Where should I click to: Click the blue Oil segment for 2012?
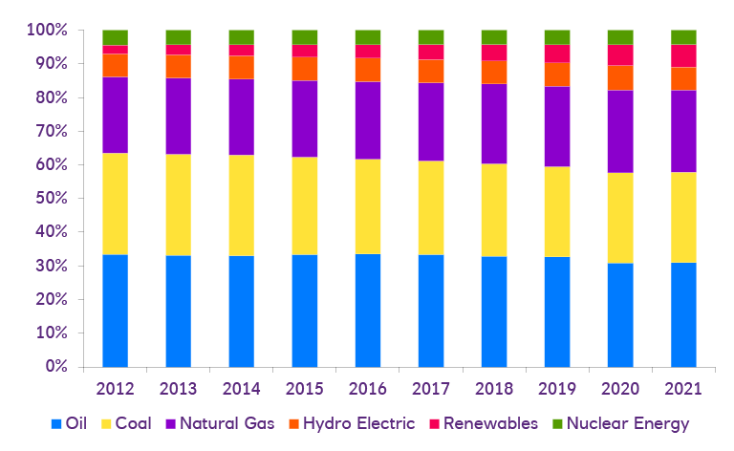tap(115, 311)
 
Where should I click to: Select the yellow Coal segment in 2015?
tap(304, 205)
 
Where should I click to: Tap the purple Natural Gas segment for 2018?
tap(494, 123)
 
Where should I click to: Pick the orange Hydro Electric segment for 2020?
tap(620, 77)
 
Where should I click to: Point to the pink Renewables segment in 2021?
tap(683, 55)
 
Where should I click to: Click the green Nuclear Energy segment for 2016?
tap(368, 37)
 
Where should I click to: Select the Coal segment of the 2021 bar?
tap(683, 217)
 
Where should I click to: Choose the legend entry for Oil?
tap(73, 423)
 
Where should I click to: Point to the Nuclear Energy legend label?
tap(628, 423)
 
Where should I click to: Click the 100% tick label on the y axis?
tap(48, 31)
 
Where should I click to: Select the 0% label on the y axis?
tap(56, 367)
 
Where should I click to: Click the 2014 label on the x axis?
tap(241, 389)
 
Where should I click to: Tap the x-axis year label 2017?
tap(431, 389)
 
